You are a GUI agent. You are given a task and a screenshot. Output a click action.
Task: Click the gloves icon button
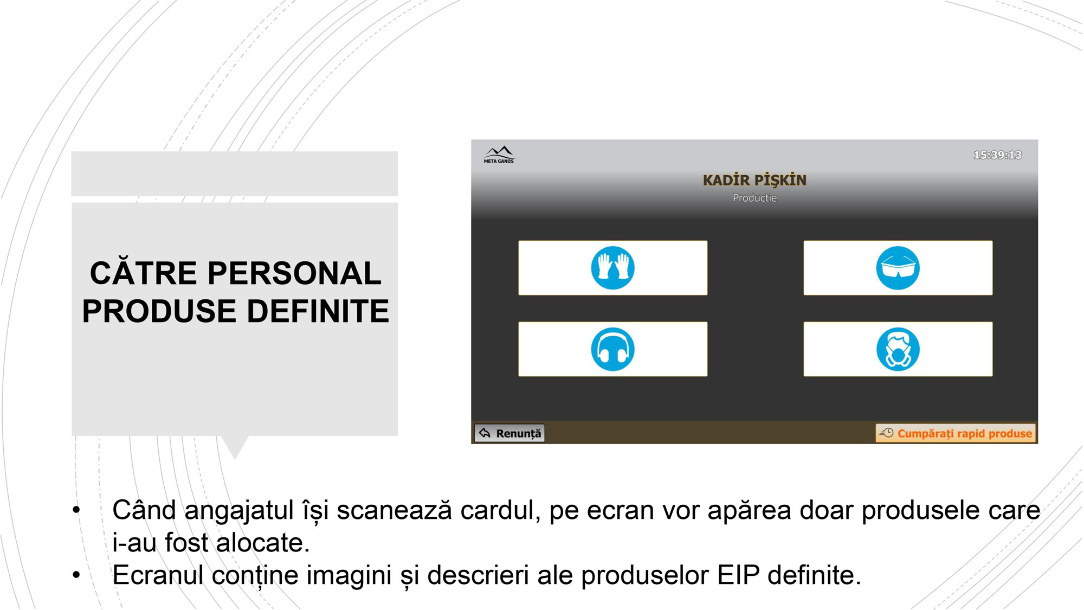tap(612, 268)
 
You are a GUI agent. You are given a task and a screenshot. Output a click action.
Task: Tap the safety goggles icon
tap(898, 268)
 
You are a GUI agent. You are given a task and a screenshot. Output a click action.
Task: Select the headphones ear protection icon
tap(612, 349)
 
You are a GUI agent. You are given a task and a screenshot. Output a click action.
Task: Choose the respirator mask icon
tap(898, 349)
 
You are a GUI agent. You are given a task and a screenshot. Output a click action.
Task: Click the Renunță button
tap(509, 433)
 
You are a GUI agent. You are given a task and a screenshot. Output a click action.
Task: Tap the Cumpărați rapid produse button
tap(955, 433)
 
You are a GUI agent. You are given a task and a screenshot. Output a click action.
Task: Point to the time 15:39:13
tap(997, 155)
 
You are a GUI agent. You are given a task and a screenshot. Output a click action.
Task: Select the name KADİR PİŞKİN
tap(754, 179)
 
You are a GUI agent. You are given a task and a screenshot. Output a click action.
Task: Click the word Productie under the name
tap(754, 198)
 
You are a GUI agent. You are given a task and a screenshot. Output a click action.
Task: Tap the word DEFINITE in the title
tap(318, 311)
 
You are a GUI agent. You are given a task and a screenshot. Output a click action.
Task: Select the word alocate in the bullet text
tap(263, 543)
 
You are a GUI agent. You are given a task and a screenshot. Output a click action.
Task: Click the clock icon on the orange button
tap(886, 433)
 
